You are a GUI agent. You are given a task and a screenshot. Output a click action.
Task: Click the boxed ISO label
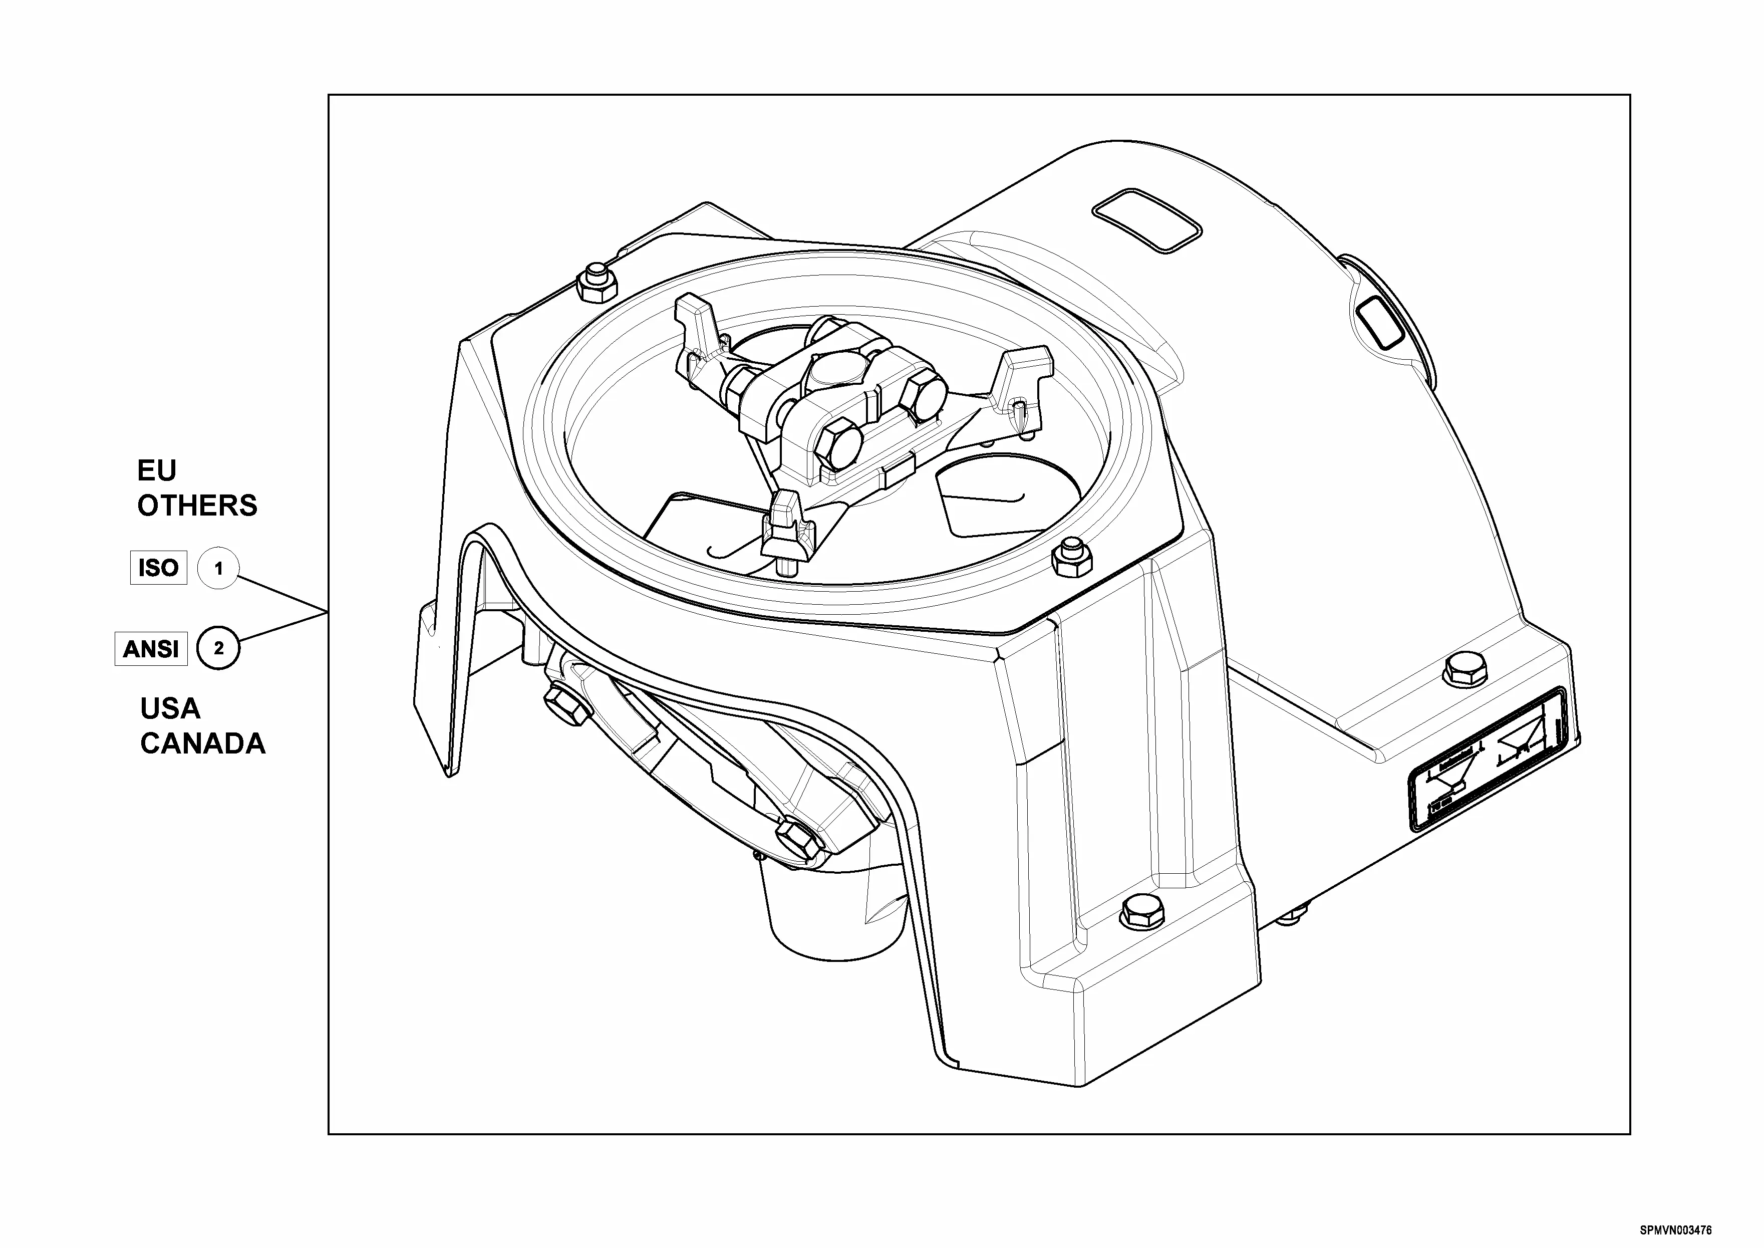coord(158,568)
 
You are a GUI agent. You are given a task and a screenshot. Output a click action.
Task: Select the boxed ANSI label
coord(151,649)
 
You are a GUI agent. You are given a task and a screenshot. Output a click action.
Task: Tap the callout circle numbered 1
coord(218,569)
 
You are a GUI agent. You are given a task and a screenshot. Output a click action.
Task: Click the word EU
coord(157,470)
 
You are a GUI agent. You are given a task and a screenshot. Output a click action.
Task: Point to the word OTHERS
coord(197,506)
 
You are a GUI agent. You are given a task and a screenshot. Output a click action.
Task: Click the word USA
coord(170,708)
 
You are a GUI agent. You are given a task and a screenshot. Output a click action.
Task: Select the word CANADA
coord(203,744)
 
